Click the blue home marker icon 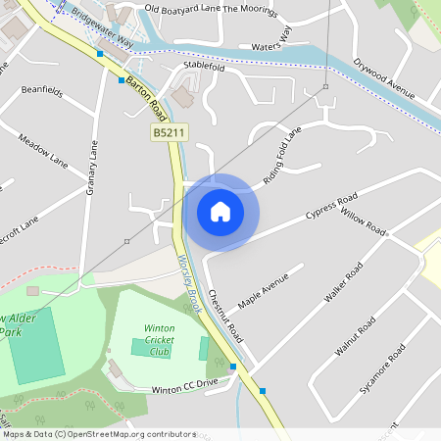[x=220, y=212]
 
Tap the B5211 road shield [x=170, y=131]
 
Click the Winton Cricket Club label [x=159, y=339]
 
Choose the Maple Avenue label [x=264, y=291]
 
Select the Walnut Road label [x=355, y=336]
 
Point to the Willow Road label [x=364, y=222]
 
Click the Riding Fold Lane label [x=283, y=156]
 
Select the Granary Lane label [x=94, y=166]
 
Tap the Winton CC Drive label [x=184, y=389]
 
